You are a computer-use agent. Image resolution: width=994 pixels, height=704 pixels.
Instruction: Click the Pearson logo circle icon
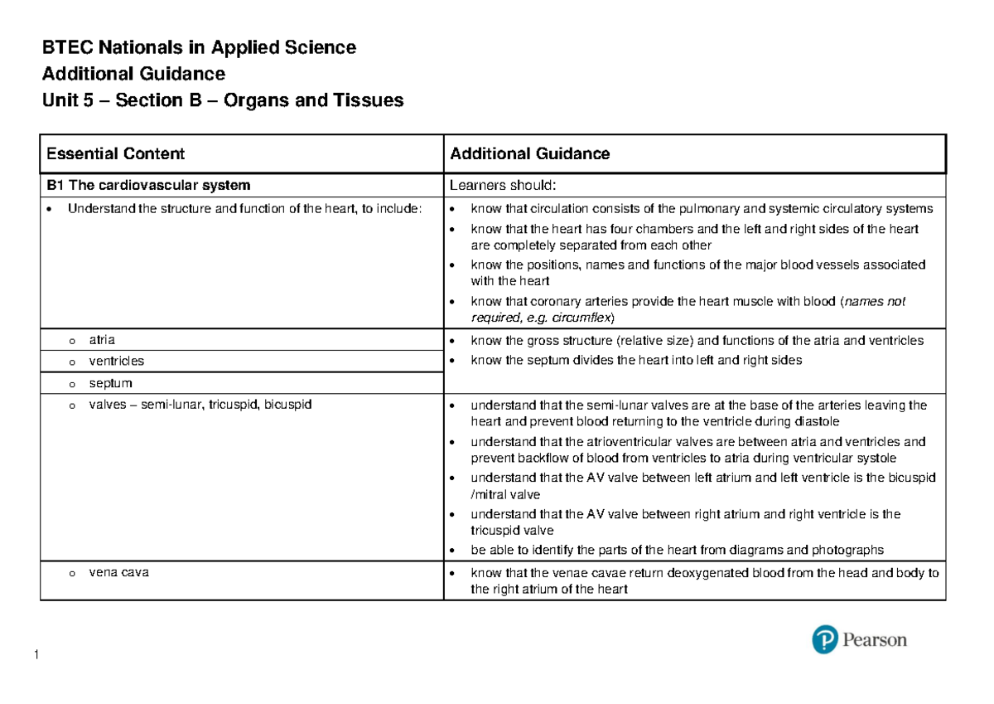(x=824, y=640)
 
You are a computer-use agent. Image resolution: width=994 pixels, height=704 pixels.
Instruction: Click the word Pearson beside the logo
(x=875, y=640)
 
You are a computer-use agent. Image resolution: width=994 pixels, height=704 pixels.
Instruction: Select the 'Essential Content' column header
(x=115, y=153)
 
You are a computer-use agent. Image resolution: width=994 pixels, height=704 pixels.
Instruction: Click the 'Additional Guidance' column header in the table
(x=528, y=153)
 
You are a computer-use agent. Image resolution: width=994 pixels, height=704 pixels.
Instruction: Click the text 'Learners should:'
(x=495, y=185)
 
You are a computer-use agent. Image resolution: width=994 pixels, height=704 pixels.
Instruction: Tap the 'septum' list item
(x=110, y=383)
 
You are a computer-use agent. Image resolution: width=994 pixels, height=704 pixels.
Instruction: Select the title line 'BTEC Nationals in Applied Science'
(x=199, y=48)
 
